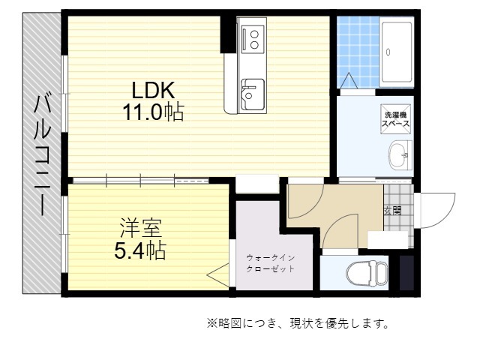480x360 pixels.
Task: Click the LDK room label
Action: (153, 90)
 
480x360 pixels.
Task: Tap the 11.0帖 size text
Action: (153, 112)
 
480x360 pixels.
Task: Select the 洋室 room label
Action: (140, 228)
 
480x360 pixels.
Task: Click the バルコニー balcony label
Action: (42, 155)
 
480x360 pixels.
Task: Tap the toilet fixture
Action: (367, 273)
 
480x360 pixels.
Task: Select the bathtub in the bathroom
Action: (397, 52)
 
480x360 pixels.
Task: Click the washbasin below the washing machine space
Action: (400, 155)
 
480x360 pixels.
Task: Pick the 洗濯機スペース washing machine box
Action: (395, 119)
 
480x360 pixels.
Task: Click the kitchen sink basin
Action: (252, 94)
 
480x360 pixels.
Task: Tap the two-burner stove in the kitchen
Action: (253, 39)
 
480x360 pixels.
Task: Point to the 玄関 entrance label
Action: (392, 211)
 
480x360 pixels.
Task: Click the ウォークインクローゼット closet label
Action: (270, 263)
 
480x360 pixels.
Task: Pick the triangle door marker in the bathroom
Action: (349, 80)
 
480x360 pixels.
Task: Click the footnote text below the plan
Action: (298, 323)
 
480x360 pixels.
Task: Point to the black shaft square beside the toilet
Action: (406, 273)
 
